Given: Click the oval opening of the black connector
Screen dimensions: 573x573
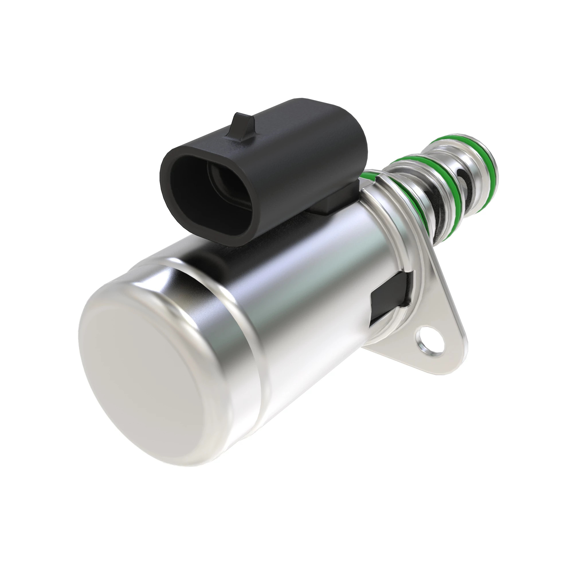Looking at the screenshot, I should [x=208, y=193].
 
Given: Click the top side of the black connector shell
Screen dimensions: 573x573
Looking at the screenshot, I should [x=297, y=119].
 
